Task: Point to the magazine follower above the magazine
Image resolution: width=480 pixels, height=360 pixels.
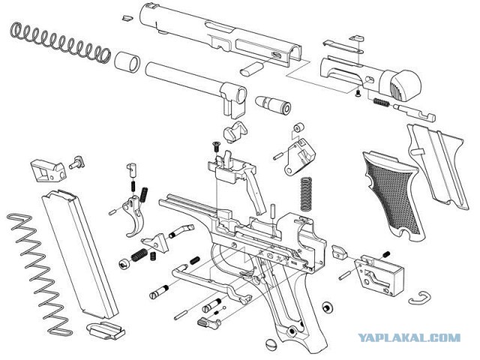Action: click(46, 169)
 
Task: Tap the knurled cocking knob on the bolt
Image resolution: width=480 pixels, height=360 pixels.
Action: click(406, 79)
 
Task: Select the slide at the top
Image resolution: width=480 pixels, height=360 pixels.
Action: click(217, 34)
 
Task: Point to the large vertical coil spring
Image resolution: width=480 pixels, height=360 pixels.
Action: click(305, 193)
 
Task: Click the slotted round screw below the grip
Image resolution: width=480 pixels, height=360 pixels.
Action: click(271, 344)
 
